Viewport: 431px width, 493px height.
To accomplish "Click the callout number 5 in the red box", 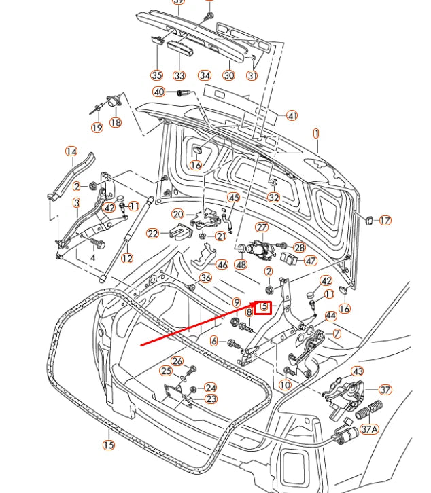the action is click(x=264, y=306).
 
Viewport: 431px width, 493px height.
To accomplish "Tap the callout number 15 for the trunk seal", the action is click(x=109, y=445).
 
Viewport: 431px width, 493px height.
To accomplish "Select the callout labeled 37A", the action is click(x=369, y=429).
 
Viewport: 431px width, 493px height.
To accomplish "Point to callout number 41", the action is click(x=292, y=115).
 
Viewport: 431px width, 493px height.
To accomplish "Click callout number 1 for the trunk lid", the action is click(x=316, y=134).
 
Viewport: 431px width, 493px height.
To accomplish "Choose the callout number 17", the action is click(x=385, y=221).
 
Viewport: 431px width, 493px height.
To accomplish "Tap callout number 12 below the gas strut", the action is click(x=127, y=259).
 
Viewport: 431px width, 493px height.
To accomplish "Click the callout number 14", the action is click(x=71, y=151).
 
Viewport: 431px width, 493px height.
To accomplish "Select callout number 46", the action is click(x=222, y=265).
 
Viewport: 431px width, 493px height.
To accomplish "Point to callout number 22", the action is click(x=153, y=234).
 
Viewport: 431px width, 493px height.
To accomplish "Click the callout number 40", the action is click(x=158, y=92).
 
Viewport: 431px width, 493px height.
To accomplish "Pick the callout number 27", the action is click(x=262, y=227).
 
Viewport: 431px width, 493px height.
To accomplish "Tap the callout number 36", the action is click(x=205, y=278).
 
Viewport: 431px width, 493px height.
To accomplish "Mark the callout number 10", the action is click(x=285, y=385).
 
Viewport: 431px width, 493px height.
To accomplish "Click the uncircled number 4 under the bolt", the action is click(x=92, y=257).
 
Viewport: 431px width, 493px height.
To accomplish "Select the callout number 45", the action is click(x=234, y=198).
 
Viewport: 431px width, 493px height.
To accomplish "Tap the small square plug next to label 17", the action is click(x=369, y=220).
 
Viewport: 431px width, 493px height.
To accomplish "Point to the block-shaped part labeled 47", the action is click(x=289, y=259).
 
